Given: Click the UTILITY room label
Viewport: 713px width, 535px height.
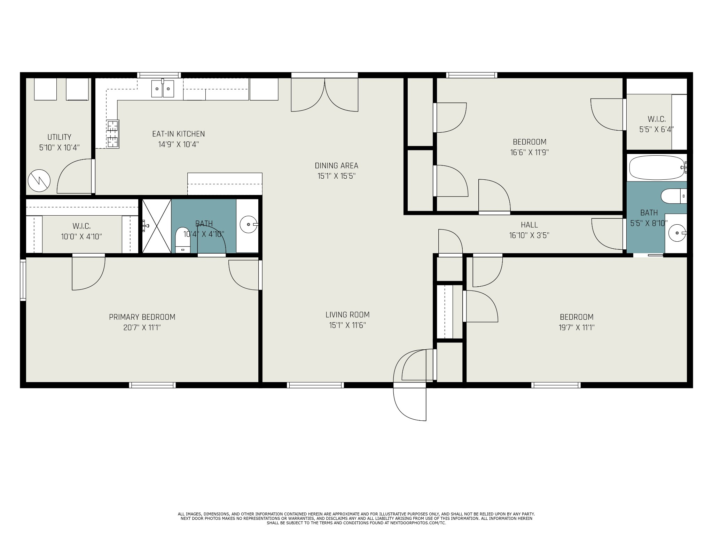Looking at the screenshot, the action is pyautogui.click(x=60, y=137).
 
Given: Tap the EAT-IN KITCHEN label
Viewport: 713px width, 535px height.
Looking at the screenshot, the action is pyautogui.click(x=179, y=134).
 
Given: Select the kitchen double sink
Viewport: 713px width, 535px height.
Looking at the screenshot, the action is pyautogui.click(x=163, y=88).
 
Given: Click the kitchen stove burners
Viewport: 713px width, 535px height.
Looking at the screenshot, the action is pyautogui.click(x=112, y=134).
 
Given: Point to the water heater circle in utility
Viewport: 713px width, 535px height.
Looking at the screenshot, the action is pyautogui.click(x=39, y=180).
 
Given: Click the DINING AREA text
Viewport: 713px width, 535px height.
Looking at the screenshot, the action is pyautogui.click(x=336, y=166).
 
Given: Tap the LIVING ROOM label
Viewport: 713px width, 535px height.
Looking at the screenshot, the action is pyautogui.click(x=347, y=315).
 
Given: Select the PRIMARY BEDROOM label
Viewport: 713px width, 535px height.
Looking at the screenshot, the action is pyautogui.click(x=142, y=317).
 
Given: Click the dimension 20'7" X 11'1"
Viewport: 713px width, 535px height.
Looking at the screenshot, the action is pyautogui.click(x=142, y=328).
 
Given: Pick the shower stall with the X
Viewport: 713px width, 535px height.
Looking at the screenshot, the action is pyautogui.click(x=157, y=226).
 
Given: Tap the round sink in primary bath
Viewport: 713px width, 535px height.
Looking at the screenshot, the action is pyautogui.click(x=249, y=225).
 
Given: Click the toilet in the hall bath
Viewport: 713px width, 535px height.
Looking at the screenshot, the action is pyautogui.click(x=674, y=196).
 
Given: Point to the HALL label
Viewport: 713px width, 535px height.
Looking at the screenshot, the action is pyautogui.click(x=529, y=225).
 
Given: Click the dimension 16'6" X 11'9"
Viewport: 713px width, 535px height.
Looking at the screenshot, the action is pyautogui.click(x=530, y=153).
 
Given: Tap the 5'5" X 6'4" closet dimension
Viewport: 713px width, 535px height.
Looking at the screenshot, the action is pyautogui.click(x=657, y=129).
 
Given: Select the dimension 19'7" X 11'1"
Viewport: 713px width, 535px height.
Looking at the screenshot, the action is pyautogui.click(x=577, y=328).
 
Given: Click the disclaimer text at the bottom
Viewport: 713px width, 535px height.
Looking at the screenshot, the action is pyautogui.click(x=356, y=518).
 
